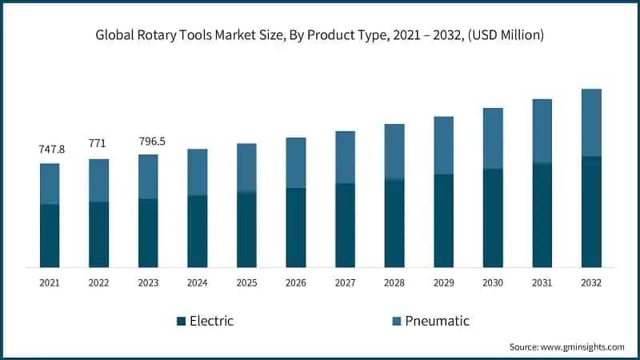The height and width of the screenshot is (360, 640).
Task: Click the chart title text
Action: click(320, 34)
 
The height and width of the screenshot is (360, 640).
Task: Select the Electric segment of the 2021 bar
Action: click(50, 235)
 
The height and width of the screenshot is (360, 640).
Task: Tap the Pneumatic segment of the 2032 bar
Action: click(591, 122)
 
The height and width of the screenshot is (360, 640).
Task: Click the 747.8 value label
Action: click(52, 150)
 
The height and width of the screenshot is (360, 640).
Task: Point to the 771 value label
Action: click(98, 143)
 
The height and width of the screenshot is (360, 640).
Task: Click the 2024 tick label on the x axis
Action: click(197, 282)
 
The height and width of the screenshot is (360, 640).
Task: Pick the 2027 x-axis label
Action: click(345, 282)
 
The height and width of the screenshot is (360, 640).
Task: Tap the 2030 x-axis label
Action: click(493, 282)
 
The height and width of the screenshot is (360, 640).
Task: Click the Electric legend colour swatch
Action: click(182, 322)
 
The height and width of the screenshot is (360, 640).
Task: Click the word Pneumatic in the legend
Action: click(437, 321)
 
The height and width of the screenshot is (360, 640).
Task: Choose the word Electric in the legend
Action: click(212, 321)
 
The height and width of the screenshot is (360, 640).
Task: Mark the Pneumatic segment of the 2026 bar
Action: click(296, 162)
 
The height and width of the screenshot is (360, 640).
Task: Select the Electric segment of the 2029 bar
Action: click(444, 220)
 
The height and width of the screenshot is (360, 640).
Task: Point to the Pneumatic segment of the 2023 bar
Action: click(148, 176)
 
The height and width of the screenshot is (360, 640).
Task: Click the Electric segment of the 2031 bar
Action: click(542, 214)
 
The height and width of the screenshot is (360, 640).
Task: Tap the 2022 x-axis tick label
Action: click(98, 282)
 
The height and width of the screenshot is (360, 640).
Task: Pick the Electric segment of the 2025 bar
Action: click(246, 230)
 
